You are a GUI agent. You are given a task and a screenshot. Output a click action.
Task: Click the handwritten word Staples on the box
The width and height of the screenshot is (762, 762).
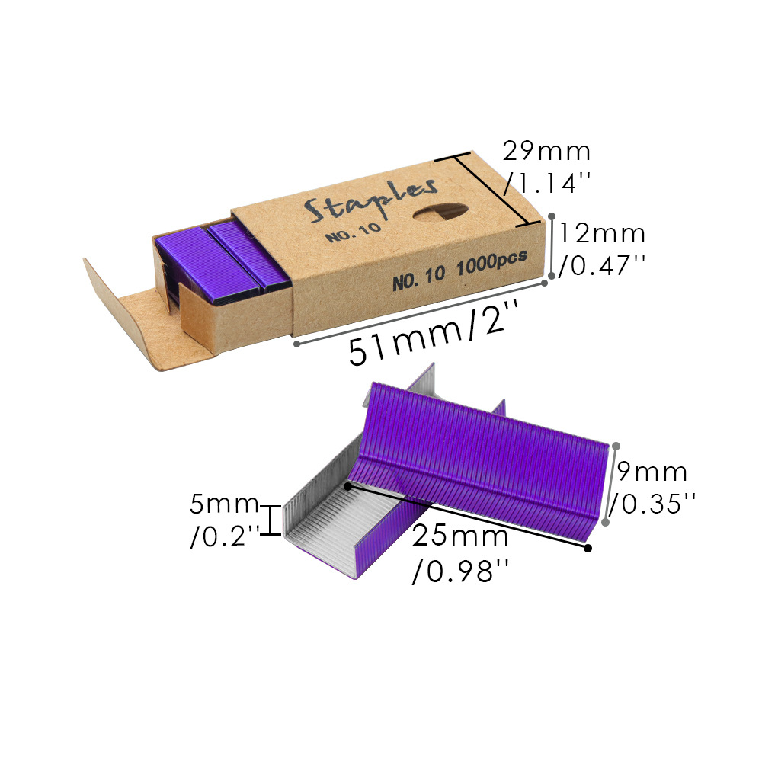[x=371, y=200]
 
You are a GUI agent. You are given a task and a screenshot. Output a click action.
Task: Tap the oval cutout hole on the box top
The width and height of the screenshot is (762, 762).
[x=440, y=212]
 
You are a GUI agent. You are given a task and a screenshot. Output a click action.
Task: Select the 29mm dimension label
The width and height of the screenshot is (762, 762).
[x=546, y=152]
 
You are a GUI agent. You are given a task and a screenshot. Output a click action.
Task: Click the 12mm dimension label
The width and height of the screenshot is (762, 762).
[x=602, y=234]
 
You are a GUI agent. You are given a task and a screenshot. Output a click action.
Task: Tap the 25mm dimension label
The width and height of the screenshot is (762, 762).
[x=460, y=536]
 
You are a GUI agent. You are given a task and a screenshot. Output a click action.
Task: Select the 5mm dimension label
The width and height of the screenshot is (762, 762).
[x=224, y=504]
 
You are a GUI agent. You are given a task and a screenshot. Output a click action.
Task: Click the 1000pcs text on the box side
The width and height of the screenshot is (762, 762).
[x=491, y=263]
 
